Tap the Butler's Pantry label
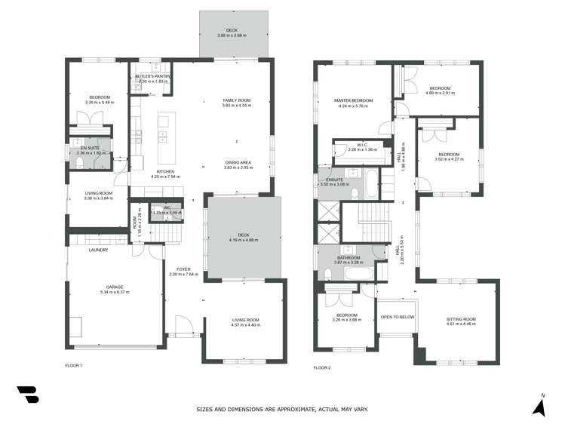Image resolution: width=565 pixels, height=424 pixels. pyautogui.click(x=154, y=77)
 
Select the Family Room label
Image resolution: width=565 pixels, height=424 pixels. pyautogui.click(x=236, y=100)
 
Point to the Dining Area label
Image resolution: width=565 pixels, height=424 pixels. pyautogui.click(x=236, y=163)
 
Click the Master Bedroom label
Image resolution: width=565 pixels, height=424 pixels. pyautogui.click(x=354, y=101)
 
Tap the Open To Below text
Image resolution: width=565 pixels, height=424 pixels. pyautogui.click(x=398, y=317)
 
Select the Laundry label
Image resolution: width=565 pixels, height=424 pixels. pyautogui.click(x=98, y=250)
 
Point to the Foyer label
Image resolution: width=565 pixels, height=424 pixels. pyautogui.click(x=183, y=269)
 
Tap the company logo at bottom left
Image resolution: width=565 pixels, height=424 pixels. pyautogui.click(x=27, y=395)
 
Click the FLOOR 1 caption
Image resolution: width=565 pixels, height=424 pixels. pyautogui.click(x=73, y=365)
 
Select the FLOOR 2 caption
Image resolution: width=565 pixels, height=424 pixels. pyautogui.click(x=322, y=367)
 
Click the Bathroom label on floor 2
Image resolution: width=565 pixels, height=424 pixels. pyautogui.click(x=349, y=258)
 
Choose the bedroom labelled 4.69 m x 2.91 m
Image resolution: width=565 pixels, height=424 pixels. pyautogui.click(x=440, y=89)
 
